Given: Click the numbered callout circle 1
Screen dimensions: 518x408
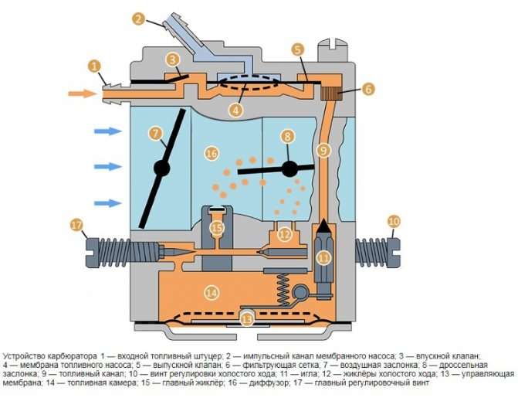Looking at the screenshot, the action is pyautogui.click(x=94, y=66).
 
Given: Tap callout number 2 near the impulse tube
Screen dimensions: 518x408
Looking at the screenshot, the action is pyautogui.click(x=139, y=19).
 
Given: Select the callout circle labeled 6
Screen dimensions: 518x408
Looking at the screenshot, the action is pyautogui.click(x=368, y=89).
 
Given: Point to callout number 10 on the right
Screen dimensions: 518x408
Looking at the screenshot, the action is pyautogui.click(x=394, y=222).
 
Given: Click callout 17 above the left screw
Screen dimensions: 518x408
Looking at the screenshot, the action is pyautogui.click(x=76, y=226).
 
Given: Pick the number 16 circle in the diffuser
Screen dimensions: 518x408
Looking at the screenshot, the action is pyautogui.click(x=212, y=154).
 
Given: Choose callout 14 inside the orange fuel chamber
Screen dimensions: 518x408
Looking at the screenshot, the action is pyautogui.click(x=212, y=292).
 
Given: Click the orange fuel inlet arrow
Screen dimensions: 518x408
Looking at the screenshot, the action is pyautogui.click(x=82, y=93).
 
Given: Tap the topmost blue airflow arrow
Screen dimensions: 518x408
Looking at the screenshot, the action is pyautogui.click(x=108, y=131).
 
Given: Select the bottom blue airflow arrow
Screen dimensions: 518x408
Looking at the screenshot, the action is pyautogui.click(x=108, y=203).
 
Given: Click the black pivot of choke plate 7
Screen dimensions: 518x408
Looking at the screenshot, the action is pyautogui.click(x=162, y=168).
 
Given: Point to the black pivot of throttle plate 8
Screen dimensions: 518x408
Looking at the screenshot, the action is pyautogui.click(x=289, y=168).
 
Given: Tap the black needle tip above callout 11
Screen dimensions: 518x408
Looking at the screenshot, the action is pyautogui.click(x=323, y=226).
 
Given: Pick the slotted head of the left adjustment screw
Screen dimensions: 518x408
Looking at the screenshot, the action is pyautogui.click(x=92, y=253).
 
